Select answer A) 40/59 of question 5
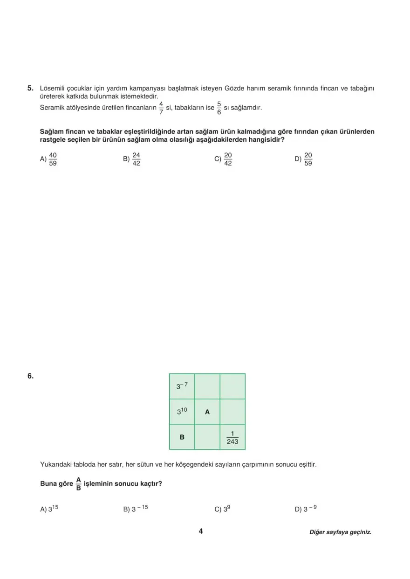coord(48,159)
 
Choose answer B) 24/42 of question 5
coord(132,159)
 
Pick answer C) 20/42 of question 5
coord(223,159)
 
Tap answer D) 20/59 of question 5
coord(304,159)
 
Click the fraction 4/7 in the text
coord(161,108)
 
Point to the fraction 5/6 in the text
coord(219,108)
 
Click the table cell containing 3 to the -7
coord(182,386)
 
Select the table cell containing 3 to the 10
coord(182,412)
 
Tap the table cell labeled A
coord(207,412)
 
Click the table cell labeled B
coord(182,437)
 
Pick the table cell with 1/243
coord(232,437)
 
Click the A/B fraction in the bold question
coord(78,483)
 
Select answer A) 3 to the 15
coord(49,509)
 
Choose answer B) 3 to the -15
coord(136,509)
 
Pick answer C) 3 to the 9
coord(223,509)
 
